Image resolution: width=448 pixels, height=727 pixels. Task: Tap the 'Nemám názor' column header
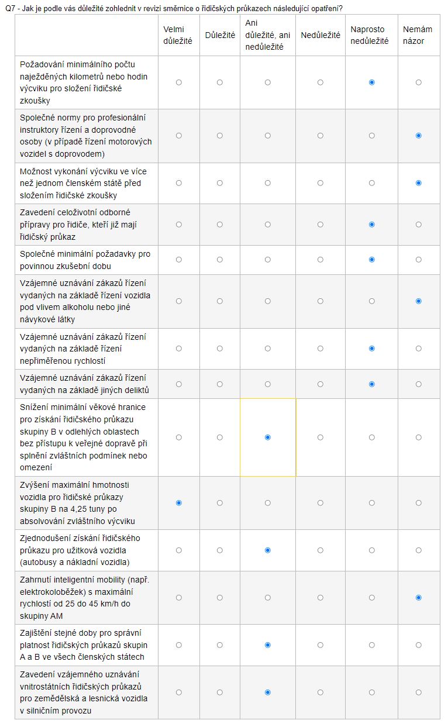[418, 35]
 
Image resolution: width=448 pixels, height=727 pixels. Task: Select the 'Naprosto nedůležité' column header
[371, 35]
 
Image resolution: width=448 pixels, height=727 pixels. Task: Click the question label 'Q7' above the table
[10, 9]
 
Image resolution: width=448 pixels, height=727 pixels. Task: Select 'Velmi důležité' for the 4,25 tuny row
[179, 503]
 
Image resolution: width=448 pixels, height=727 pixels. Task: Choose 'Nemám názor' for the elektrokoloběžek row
[419, 598]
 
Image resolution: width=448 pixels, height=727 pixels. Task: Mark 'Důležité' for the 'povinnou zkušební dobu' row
[220, 260]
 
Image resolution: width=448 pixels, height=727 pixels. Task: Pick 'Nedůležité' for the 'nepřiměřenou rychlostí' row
[321, 349]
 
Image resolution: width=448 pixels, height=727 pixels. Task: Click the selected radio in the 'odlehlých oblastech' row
[268, 437]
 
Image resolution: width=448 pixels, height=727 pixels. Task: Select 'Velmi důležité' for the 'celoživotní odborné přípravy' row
[179, 225]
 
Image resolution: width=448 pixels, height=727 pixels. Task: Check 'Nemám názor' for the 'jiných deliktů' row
[419, 384]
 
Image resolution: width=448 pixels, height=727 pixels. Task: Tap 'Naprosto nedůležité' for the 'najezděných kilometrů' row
[372, 82]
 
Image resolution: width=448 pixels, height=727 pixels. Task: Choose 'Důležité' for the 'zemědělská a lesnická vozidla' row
[220, 692]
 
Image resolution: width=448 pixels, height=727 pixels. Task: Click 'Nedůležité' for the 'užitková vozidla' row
[321, 550]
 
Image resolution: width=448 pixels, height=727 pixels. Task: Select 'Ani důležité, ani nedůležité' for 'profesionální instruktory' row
[268, 136]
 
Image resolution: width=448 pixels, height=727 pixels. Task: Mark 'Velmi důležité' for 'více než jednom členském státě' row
[179, 183]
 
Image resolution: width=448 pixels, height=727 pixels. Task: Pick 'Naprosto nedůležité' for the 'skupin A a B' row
[372, 645]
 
